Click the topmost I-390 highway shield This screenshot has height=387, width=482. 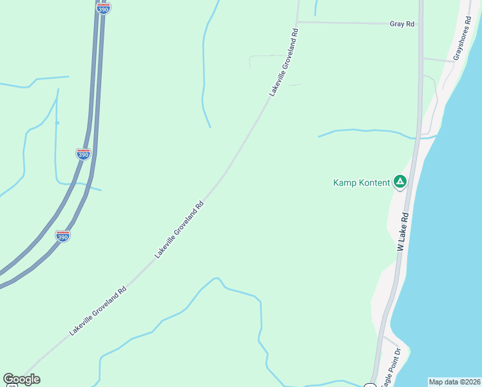(103, 8)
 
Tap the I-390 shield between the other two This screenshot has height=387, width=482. (83, 154)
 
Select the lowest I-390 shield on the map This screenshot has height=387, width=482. (63, 235)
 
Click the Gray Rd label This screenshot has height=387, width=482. (401, 24)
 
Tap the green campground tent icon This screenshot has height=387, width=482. (400, 182)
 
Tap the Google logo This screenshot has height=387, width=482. (21, 379)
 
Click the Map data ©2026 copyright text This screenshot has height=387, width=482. (455, 382)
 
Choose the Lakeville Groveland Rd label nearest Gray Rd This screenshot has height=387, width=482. (284, 63)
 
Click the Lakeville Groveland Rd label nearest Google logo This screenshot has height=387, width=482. (98, 312)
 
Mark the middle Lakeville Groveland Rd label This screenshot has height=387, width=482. (180, 230)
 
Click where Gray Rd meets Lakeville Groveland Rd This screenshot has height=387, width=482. (297, 22)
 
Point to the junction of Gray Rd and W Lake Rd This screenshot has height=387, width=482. (420, 25)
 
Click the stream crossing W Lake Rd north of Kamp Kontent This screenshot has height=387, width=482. (418, 137)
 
